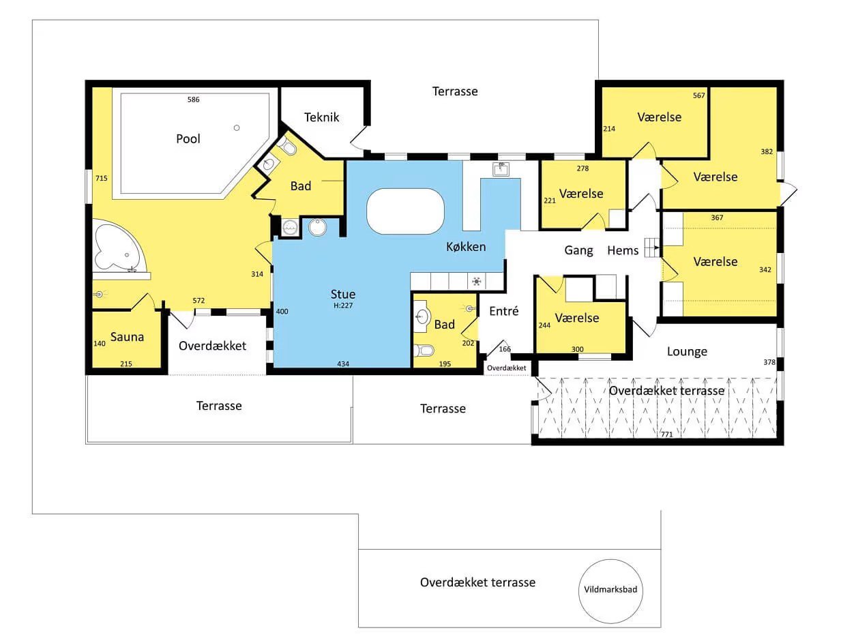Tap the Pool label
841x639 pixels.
click(x=188, y=138)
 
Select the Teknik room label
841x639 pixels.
click(x=321, y=117)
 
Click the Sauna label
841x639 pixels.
click(x=127, y=337)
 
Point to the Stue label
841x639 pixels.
click(x=343, y=294)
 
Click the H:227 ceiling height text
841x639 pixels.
click(x=343, y=306)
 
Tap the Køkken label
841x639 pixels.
click(x=466, y=246)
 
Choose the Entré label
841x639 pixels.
click(x=504, y=311)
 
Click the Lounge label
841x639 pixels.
click(x=687, y=352)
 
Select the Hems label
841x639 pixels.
click(x=623, y=250)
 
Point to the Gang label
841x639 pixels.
click(x=578, y=250)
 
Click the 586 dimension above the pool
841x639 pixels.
click(x=194, y=100)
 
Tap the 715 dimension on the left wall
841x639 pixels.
click(x=102, y=178)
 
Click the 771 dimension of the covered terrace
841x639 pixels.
click(x=666, y=434)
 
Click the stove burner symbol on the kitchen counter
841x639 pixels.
click(x=477, y=282)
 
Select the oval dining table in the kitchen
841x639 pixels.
click(x=405, y=211)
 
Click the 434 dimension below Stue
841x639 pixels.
click(x=343, y=364)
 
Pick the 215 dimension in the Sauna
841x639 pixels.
click(x=126, y=364)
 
